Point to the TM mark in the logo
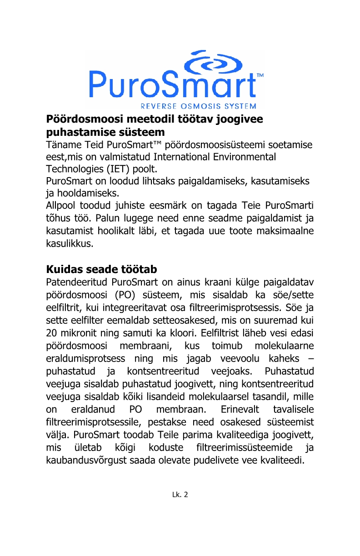pos(260,75)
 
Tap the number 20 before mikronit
pos(53,332)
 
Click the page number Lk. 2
pos(180,494)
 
